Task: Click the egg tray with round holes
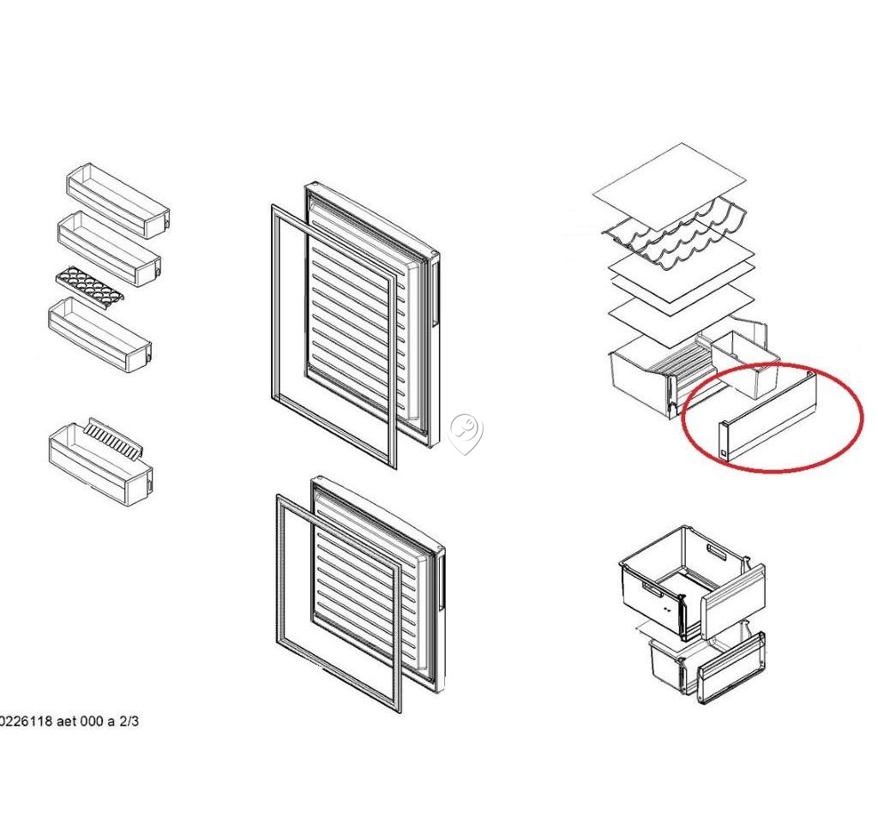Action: point(89,286)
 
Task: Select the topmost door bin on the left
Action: point(118,200)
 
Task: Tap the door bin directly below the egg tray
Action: point(99,335)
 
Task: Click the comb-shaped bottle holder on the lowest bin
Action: point(114,438)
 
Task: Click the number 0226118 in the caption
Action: point(27,721)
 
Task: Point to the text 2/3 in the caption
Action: point(129,721)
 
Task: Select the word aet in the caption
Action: point(67,721)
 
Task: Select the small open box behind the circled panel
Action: point(746,364)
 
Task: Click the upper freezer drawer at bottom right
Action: point(693,582)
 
